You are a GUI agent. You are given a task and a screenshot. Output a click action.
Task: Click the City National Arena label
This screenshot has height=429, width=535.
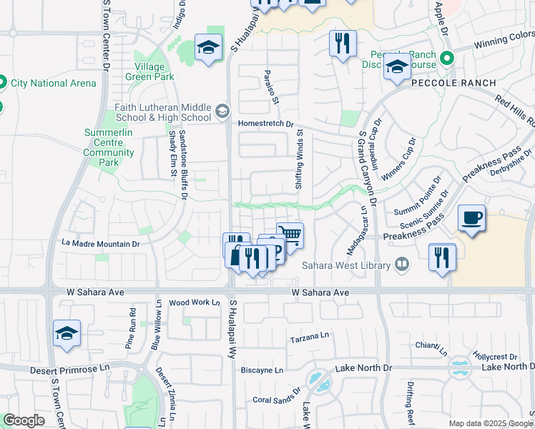point(53,83)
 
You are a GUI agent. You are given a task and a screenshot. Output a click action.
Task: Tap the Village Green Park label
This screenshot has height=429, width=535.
point(149,71)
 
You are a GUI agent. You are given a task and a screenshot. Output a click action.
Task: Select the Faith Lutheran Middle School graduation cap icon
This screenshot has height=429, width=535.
point(222,110)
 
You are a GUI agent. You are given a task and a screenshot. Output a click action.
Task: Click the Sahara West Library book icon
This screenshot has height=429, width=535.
point(402,265)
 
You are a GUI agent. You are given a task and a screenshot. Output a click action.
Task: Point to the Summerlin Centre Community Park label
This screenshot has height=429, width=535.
point(109,147)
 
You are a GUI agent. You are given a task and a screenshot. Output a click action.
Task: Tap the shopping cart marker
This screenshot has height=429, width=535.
point(290,235)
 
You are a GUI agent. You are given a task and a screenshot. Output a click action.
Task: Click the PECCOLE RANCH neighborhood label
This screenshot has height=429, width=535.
point(453,83)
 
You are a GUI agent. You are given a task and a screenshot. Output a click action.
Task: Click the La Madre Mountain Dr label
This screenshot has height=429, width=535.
point(100,243)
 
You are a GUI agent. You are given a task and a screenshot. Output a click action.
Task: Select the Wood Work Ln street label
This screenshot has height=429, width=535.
point(195,302)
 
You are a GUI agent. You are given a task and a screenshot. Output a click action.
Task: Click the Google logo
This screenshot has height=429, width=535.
point(24,420)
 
